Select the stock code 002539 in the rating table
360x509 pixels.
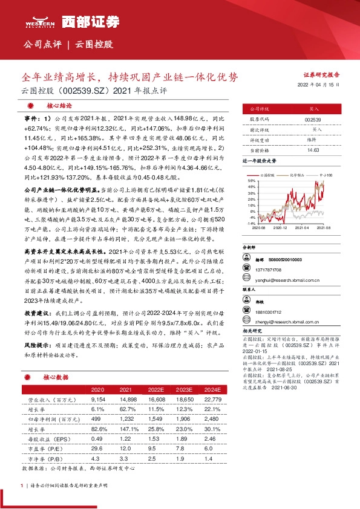click(x=313, y=120)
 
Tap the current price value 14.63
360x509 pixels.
click(x=313, y=149)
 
